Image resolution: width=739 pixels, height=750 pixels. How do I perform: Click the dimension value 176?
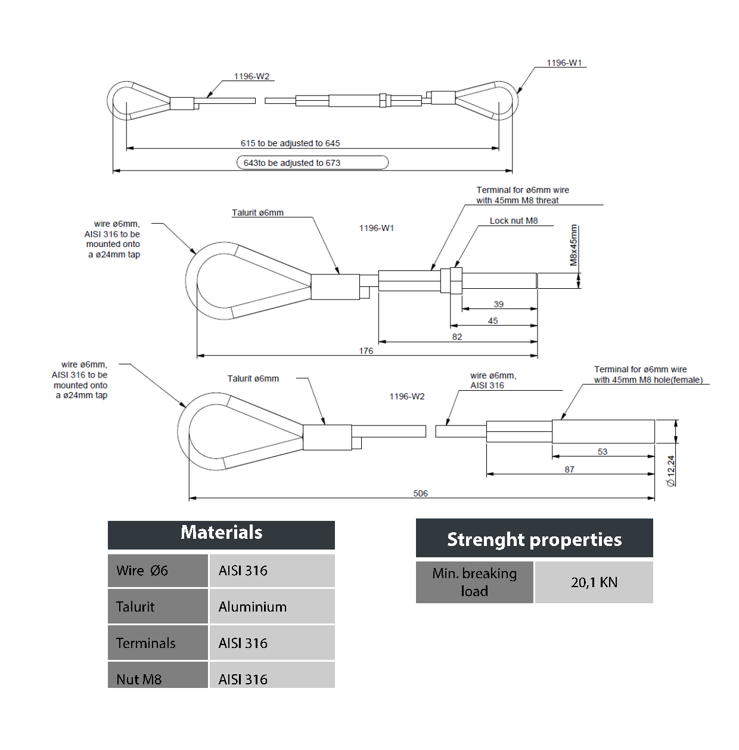click(366, 351)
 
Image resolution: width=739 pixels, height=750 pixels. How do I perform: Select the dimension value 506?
click(420, 493)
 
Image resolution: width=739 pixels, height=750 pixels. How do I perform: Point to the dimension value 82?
click(457, 337)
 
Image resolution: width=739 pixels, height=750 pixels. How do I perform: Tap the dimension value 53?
click(603, 452)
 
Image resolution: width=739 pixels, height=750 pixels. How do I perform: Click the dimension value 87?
click(570, 470)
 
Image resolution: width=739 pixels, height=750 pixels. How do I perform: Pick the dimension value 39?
click(498, 304)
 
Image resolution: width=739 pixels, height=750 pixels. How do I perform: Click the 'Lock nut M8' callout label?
click(514, 221)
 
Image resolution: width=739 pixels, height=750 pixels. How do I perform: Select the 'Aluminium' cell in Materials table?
click(253, 607)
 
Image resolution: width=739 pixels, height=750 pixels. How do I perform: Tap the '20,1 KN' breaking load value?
click(594, 582)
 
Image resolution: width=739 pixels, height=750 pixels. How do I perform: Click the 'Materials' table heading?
click(221, 532)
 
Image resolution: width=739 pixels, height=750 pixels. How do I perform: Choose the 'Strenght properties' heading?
click(534, 539)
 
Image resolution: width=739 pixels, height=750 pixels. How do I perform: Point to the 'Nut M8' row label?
click(139, 679)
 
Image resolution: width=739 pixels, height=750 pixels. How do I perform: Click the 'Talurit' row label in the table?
click(135, 607)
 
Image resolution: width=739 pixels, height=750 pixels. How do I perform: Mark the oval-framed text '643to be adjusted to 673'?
click(292, 163)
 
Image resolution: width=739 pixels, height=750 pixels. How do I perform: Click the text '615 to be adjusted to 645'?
click(290, 143)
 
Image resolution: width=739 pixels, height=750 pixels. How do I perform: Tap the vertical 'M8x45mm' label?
click(573, 245)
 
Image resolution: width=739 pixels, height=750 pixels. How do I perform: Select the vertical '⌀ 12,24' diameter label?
click(671, 471)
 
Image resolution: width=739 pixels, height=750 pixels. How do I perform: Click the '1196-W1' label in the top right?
click(564, 63)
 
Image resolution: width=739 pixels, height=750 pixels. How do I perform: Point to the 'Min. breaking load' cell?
click(474, 582)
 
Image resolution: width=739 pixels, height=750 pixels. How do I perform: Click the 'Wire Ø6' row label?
click(142, 570)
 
